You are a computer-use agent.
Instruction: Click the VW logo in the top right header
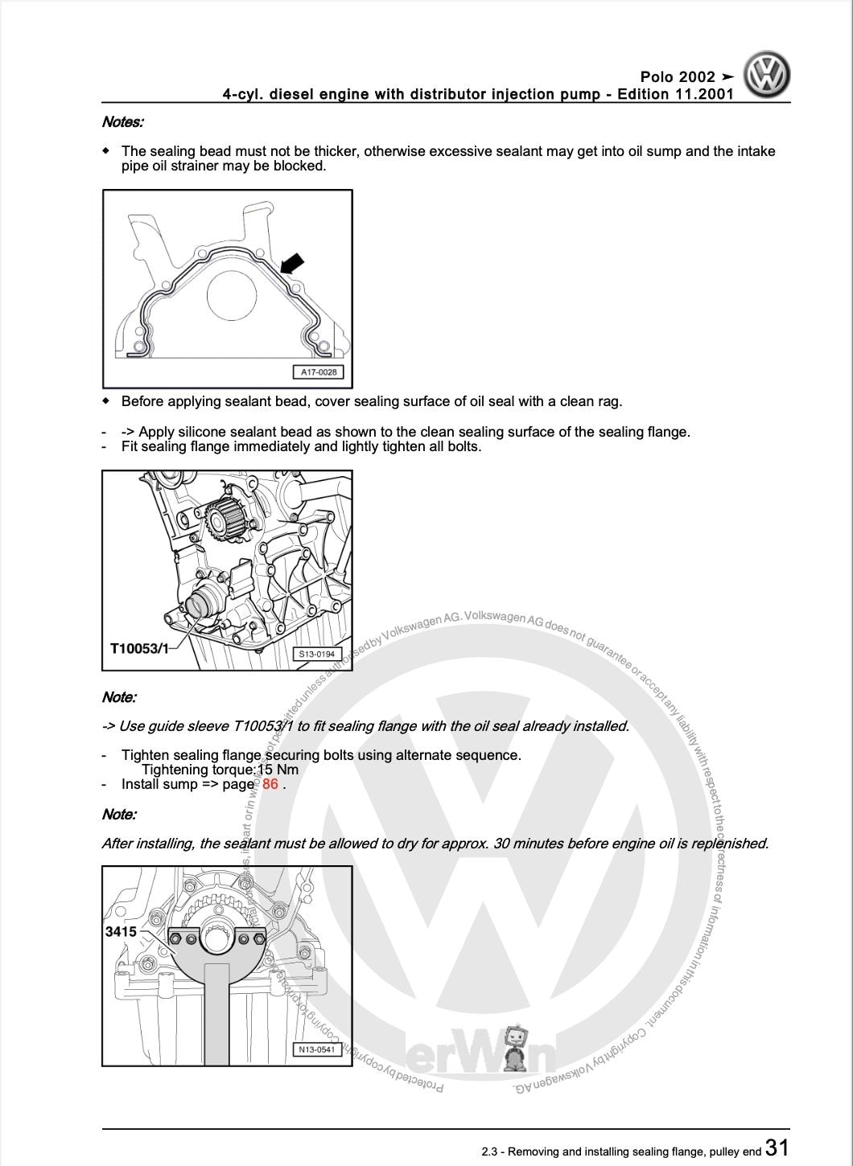tap(766, 75)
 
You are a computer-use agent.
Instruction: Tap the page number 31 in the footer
tap(777, 1148)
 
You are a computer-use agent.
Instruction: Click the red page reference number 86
tap(270, 784)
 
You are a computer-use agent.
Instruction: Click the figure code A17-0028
tap(319, 372)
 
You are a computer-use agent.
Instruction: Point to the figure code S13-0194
tap(316, 654)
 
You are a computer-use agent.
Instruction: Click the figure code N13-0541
tap(316, 1049)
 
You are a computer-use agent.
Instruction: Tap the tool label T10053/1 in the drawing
tap(139, 648)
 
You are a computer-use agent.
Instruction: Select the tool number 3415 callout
tap(121, 931)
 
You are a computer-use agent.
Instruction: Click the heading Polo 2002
tap(678, 77)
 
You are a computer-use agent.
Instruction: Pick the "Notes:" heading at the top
tap(122, 122)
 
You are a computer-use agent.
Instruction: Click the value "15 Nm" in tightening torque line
tap(278, 770)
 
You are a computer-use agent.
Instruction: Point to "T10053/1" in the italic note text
tap(262, 726)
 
